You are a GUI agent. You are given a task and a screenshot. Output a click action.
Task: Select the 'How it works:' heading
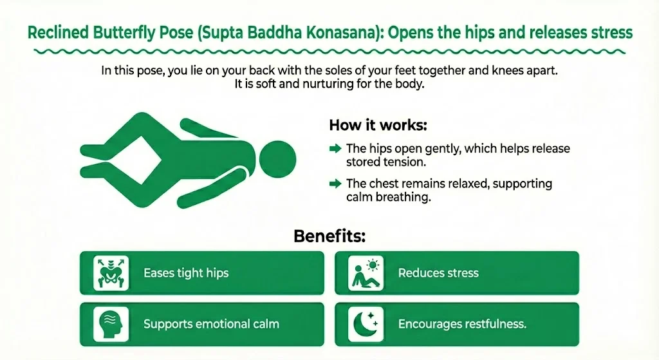[369, 124]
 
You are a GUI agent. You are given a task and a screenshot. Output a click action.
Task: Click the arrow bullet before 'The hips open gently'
[335, 149]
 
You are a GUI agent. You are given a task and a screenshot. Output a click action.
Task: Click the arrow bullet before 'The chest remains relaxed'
[335, 184]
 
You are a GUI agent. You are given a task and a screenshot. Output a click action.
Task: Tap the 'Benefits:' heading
[329, 236]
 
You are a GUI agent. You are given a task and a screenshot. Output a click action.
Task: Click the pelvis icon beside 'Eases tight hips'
[111, 272]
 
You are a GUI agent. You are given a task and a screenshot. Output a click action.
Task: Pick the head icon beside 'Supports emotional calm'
[111, 323]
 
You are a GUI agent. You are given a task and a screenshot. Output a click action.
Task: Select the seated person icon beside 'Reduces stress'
[366, 272]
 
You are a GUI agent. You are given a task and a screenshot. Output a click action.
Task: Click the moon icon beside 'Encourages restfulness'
[366, 323]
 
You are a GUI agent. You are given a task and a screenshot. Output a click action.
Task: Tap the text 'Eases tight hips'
[186, 273]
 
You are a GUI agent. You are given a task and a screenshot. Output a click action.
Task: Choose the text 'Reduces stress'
[438, 273]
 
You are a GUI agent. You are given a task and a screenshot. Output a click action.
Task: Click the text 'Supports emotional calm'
[211, 324]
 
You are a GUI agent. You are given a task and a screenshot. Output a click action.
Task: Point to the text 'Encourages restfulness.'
[462, 324]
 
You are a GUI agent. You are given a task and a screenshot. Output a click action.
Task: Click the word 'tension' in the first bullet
[402, 162]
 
